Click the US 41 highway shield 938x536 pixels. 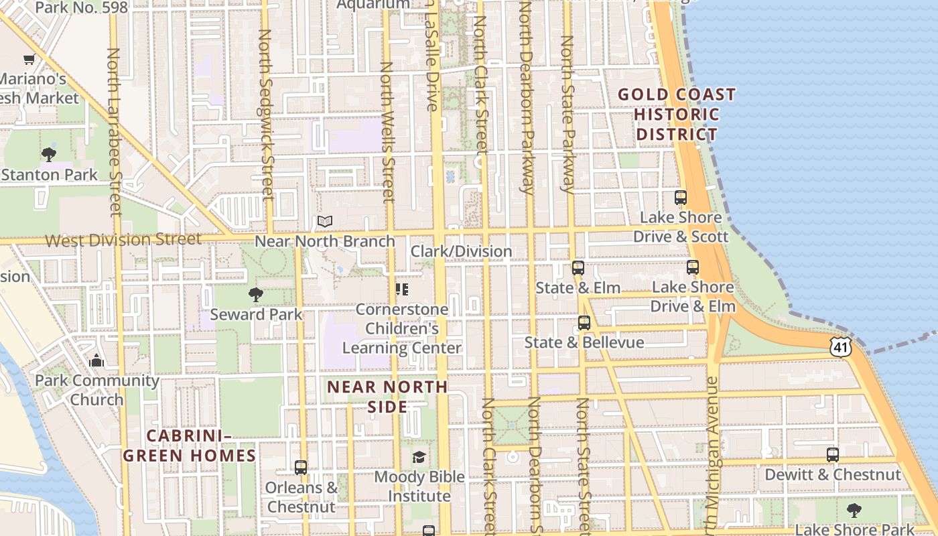click(840, 346)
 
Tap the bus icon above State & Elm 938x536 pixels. click(578, 268)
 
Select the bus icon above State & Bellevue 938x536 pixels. click(584, 323)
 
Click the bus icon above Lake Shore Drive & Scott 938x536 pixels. click(681, 198)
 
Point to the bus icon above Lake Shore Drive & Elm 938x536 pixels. click(693, 267)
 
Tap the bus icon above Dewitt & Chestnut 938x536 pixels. click(833, 455)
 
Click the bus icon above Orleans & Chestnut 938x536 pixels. click(301, 467)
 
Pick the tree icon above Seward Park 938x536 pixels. click(255, 294)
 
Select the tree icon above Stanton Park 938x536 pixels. click(48, 155)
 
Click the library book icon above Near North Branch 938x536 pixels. click(325, 221)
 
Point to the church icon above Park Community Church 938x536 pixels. click(97, 360)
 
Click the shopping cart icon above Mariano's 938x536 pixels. click(29, 59)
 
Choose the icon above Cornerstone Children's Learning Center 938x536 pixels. click(402, 289)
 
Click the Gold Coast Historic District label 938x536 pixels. click(677, 114)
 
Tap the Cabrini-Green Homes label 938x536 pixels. click(189, 446)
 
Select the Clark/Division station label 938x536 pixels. click(461, 251)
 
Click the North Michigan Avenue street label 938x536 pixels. click(713, 456)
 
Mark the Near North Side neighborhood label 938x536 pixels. click(387, 397)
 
